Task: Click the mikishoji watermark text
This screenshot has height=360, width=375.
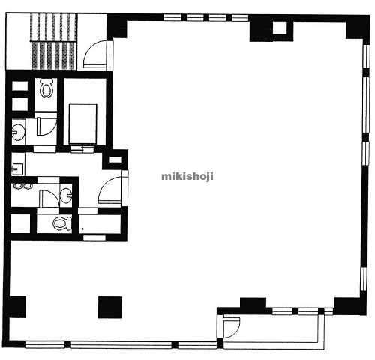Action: pyautogui.click(x=187, y=176)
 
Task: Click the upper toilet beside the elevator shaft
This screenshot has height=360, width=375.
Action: pyautogui.click(x=46, y=88)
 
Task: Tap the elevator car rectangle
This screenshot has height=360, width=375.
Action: pyautogui.click(x=83, y=124)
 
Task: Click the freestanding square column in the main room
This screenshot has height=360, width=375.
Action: pyautogui.click(x=110, y=307)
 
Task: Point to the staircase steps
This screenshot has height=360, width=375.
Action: pyautogui.click(x=54, y=41)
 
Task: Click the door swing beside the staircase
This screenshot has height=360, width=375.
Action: pyautogui.click(x=96, y=54)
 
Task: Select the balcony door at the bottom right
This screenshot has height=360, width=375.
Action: pyautogui.click(x=231, y=327)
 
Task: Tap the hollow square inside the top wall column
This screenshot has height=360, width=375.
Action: pyautogui.click(x=280, y=28)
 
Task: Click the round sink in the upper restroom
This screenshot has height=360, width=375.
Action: pyautogui.click(x=18, y=132)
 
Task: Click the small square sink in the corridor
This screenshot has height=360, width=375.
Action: pyautogui.click(x=17, y=169)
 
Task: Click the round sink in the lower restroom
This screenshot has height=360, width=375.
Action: pyautogui.click(x=66, y=195)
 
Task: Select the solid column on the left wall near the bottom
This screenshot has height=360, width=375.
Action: pyautogui.click(x=17, y=307)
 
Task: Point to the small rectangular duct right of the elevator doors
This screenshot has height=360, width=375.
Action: pyautogui.click(x=115, y=160)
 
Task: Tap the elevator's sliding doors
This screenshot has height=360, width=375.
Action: pyautogui.click(x=82, y=150)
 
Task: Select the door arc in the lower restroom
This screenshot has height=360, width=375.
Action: pyautogui.click(x=49, y=199)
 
